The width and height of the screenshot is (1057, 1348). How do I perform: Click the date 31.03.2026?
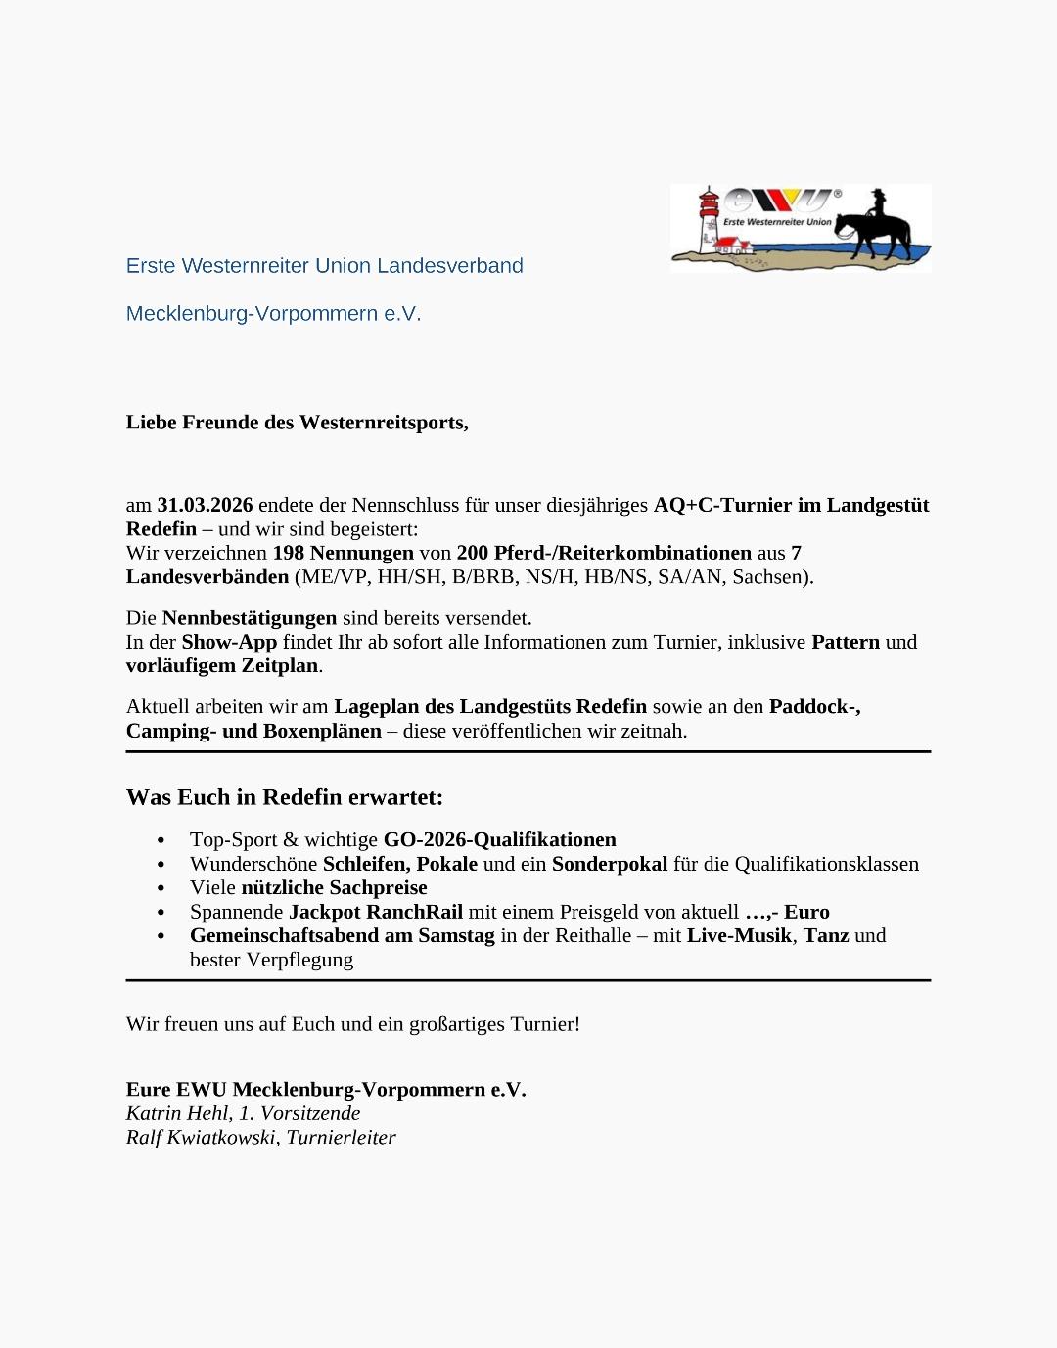[x=205, y=505]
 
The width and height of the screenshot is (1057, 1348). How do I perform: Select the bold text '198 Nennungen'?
[x=343, y=553]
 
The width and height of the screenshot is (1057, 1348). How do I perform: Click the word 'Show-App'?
[x=229, y=642]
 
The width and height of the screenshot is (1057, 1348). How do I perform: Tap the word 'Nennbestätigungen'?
[x=249, y=618]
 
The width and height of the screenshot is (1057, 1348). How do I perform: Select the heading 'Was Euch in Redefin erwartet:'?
[x=284, y=797]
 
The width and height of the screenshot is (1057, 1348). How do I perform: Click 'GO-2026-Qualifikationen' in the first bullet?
[x=499, y=839]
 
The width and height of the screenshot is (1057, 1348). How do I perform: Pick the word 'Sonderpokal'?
[x=609, y=864]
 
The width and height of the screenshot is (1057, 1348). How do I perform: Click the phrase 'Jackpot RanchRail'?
[x=375, y=912]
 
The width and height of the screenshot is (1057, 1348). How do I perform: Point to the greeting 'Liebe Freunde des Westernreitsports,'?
[x=297, y=423]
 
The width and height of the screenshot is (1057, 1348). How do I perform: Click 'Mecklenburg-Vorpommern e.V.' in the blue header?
[x=273, y=314]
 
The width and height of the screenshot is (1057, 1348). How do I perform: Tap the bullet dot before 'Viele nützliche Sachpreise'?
[x=161, y=888]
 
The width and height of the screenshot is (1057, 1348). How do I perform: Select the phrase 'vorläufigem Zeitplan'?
[x=223, y=665]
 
